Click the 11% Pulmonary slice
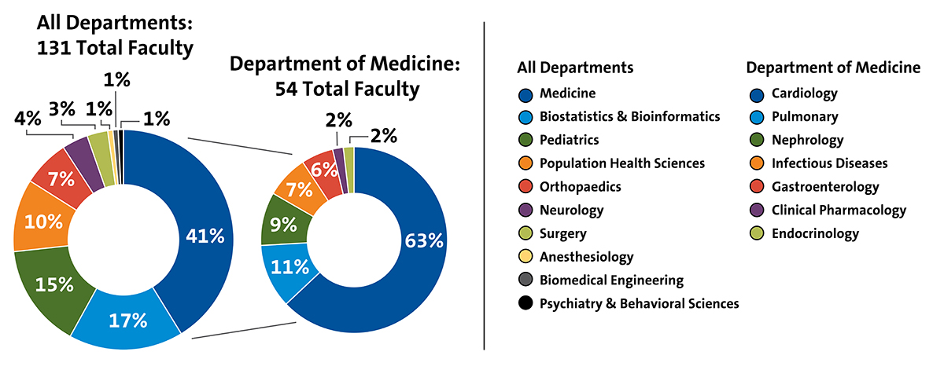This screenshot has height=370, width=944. (x=290, y=267)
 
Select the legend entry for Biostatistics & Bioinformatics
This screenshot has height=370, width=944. (x=629, y=116)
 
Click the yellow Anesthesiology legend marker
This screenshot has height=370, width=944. (x=524, y=257)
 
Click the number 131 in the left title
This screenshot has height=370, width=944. (x=53, y=48)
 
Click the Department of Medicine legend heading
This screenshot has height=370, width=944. (x=833, y=68)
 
